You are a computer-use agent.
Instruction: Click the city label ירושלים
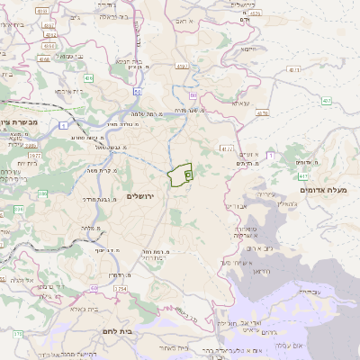pyautogui.click(x=140, y=195)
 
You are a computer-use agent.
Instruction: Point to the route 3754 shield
pyautogui.click(x=120, y=288)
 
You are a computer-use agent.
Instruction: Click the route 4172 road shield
pyautogui.click(x=226, y=148)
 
